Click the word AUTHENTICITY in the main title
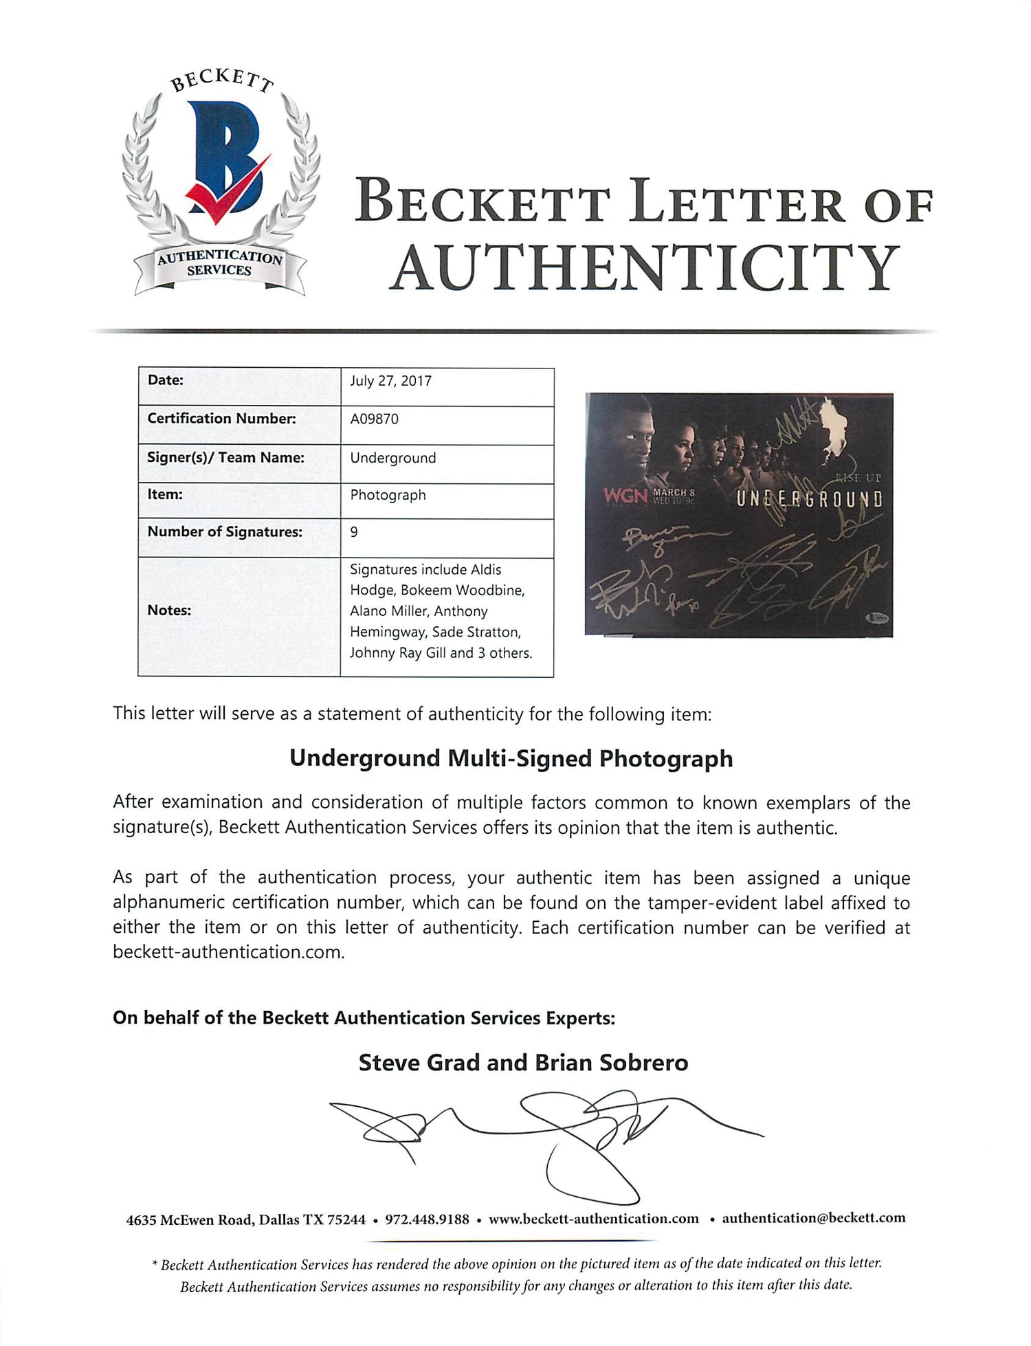pos(645,268)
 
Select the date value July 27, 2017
pos(390,381)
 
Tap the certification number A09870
pos(374,419)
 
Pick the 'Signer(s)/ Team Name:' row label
pos(225,457)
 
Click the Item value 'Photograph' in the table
pos(388,495)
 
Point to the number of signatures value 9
pos(354,532)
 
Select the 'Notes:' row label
pos(169,610)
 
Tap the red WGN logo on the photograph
pos(625,495)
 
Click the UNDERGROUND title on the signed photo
pos(809,499)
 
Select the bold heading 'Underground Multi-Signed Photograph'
pos(511,758)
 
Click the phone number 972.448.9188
pos(427,1220)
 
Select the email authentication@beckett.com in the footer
pos(813,1218)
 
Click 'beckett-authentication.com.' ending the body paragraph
pos(229,952)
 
